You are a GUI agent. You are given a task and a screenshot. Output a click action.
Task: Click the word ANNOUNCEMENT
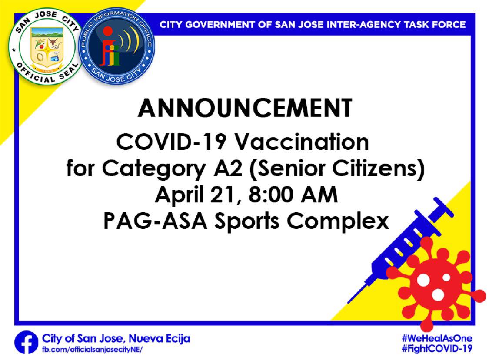tap(245, 108)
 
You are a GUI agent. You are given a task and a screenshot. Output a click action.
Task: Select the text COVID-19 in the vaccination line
tap(171, 142)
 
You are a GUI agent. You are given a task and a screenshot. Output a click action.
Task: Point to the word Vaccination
tap(302, 142)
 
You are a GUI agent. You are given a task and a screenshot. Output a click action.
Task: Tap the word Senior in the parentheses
tap(288, 168)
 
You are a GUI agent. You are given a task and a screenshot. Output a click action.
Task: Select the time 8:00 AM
tap(293, 195)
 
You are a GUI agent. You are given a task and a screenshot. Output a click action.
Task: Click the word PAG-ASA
tap(155, 221)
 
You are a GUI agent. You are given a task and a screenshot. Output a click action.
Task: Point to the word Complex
tap(338, 222)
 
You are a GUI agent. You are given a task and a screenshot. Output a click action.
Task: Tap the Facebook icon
tap(27, 343)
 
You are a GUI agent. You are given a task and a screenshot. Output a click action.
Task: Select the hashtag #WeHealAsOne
tap(437, 338)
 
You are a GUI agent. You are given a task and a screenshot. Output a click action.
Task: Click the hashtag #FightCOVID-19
tap(437, 348)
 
